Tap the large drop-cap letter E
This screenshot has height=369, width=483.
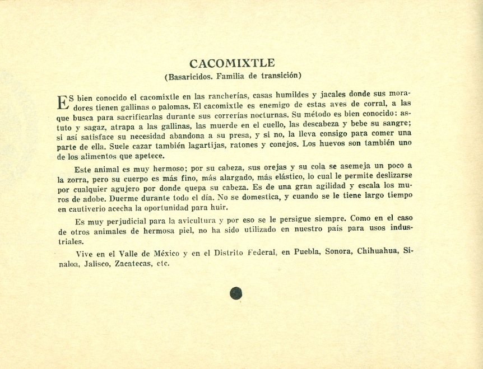click(x=63, y=102)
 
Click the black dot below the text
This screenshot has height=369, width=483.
click(x=236, y=293)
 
